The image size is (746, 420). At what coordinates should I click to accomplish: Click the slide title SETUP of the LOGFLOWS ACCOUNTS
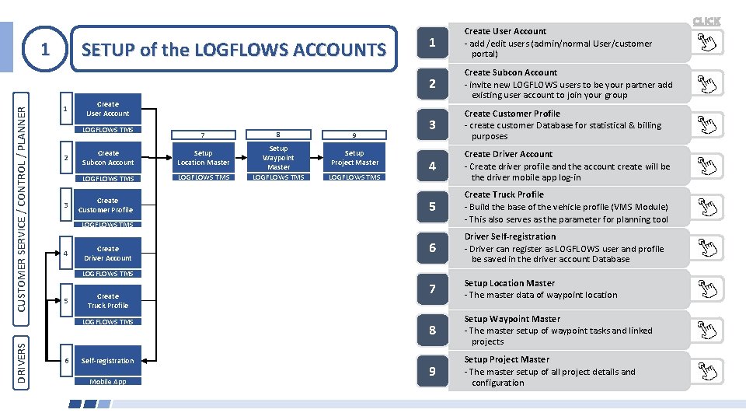point(233,51)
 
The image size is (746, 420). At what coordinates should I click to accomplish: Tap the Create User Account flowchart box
point(108,109)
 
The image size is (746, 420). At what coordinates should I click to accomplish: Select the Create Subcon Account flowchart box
point(108,158)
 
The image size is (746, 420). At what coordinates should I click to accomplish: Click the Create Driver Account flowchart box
point(108,254)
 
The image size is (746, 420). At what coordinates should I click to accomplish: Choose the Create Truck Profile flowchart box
point(108,301)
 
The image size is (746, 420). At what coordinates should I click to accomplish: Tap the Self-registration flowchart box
point(108,361)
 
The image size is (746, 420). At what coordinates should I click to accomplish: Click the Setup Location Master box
point(203,158)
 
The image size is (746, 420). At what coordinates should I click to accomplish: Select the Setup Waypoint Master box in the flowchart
point(278,158)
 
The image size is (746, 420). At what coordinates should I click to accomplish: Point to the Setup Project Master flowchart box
point(354,158)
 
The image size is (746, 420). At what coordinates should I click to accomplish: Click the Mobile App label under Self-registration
point(107,382)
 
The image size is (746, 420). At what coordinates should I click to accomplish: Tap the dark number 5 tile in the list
point(432,207)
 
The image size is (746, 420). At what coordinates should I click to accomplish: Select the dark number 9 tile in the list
point(432,372)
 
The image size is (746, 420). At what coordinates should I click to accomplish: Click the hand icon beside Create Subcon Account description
point(706,84)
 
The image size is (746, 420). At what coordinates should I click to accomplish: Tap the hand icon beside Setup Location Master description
point(706,289)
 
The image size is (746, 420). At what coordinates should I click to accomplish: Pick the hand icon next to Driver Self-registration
point(706,248)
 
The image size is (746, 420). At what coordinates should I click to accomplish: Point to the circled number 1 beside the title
point(45,50)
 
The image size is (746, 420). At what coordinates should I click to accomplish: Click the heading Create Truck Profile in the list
point(504,194)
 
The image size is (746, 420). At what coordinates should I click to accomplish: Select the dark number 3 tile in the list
point(432,124)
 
